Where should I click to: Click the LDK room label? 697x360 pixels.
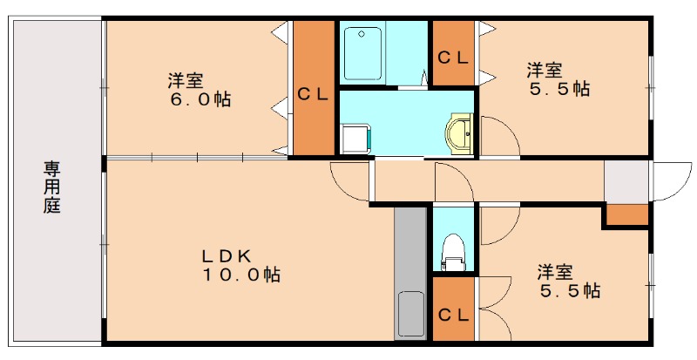tap(227, 256)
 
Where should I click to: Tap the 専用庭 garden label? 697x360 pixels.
tap(52, 187)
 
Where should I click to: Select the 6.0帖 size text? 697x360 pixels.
tap(200, 99)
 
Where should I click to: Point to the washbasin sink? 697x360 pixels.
tap(458, 133)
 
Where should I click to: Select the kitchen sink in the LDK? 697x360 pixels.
tap(410, 315)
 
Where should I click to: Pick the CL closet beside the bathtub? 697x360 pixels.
tap(453, 58)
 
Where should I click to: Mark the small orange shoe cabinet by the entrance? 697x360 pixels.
tap(626, 214)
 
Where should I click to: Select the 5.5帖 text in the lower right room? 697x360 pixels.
tap(568, 290)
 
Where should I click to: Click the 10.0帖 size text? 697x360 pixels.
tap(241, 275)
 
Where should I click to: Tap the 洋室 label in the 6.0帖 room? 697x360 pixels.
tap(186, 81)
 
